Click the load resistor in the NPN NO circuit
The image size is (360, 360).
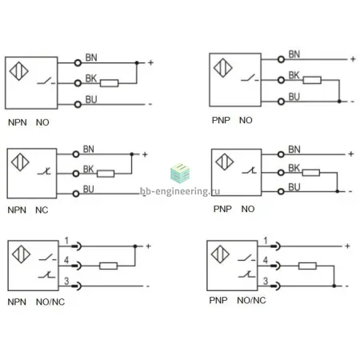tap(109, 83)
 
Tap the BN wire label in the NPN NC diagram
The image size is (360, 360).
tap(89, 149)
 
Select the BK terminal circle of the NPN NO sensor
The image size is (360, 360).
tap(78, 83)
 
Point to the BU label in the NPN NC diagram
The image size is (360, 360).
tap(89, 189)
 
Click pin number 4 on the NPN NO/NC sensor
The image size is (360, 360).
tap(66, 260)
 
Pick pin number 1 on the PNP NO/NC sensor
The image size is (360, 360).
tap(266, 241)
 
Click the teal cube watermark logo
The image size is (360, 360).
tap(180, 173)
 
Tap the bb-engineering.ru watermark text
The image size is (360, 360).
tap(180, 191)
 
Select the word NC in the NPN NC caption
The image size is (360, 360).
tap(42, 210)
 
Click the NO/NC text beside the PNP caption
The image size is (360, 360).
tap(251, 301)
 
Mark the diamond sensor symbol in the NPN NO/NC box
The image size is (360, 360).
tap(21, 254)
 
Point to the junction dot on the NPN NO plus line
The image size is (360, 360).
tap(137, 63)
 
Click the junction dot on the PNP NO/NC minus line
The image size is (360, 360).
tap(334, 286)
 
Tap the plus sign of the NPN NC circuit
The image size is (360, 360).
tap(145, 154)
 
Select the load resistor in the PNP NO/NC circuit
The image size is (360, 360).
tap(307, 266)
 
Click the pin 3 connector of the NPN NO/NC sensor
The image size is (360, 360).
tap(77, 286)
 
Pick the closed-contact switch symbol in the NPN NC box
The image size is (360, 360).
tap(45, 171)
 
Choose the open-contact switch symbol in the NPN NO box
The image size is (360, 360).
tap(46, 81)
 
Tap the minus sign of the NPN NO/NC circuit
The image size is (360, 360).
tap(148, 286)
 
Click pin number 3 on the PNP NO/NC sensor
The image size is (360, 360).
tap(266, 281)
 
